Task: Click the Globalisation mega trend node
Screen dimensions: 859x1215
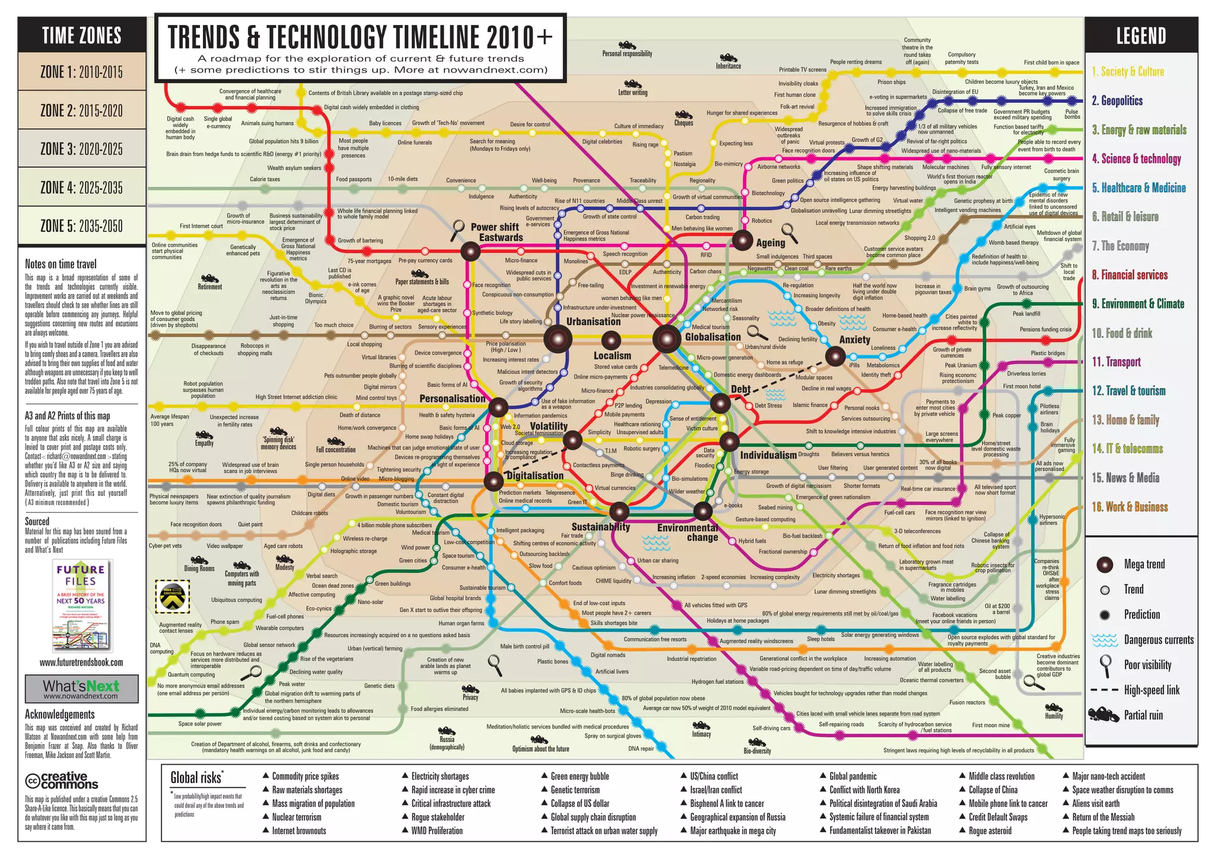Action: coord(666,339)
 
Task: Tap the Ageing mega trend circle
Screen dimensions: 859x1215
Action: coord(742,240)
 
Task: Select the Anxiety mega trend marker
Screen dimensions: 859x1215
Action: coord(835,356)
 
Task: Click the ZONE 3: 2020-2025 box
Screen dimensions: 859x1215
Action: coord(82,149)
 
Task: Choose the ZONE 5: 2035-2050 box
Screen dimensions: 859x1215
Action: coord(82,225)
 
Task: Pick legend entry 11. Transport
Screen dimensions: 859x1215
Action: coord(1117,362)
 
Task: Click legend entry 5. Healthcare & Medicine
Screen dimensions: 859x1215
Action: coord(1138,188)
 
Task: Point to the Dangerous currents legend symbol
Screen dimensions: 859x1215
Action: coord(1105,640)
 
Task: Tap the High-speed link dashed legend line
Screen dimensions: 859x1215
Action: coord(1104,690)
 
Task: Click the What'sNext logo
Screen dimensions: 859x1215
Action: coord(81,689)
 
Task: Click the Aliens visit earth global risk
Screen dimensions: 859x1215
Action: coord(1095,803)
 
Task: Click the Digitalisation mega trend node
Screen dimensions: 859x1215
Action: coord(494,481)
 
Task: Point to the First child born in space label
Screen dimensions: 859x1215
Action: coord(1051,62)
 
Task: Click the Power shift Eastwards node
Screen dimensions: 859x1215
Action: coord(470,252)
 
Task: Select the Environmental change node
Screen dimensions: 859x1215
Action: coord(703,511)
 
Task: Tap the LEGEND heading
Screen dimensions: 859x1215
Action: coord(1141,36)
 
